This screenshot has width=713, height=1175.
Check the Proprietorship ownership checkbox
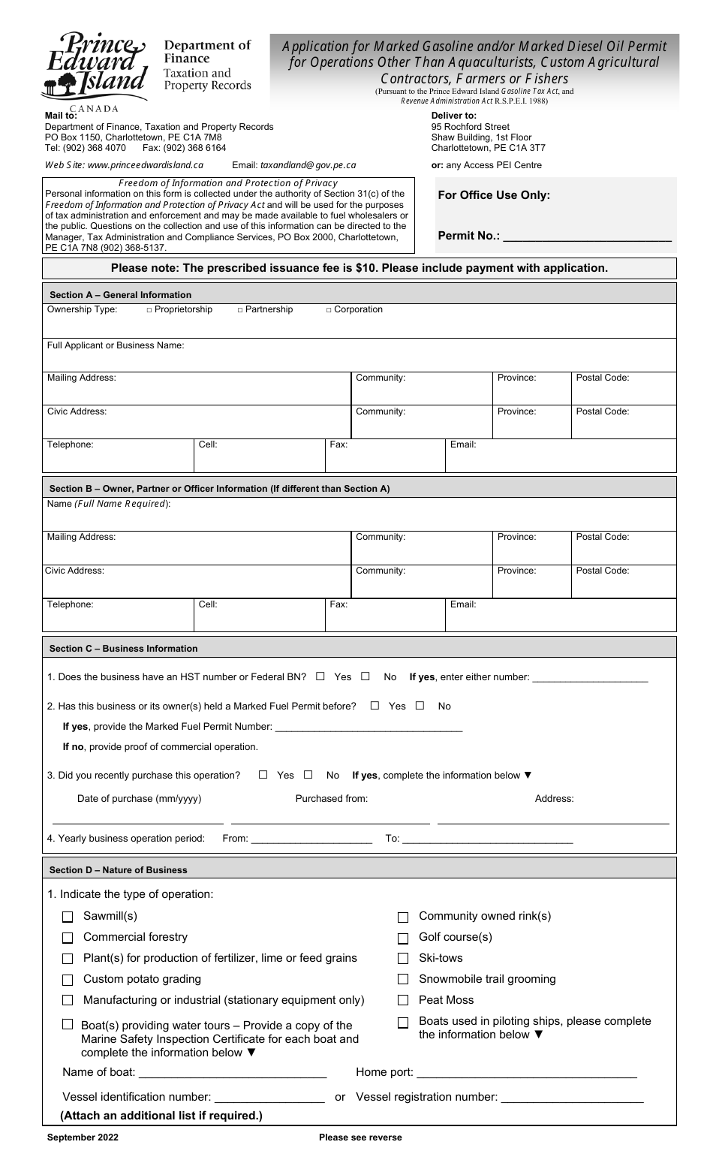point(149,310)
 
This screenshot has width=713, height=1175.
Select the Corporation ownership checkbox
point(329,310)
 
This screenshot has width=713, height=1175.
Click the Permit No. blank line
point(586,237)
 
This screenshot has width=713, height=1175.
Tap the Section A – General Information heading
point(120,295)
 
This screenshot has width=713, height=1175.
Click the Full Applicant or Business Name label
point(116,345)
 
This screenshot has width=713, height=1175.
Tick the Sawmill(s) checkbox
point(68,917)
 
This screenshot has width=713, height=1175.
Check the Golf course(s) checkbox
point(403,938)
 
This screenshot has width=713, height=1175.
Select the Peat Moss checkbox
point(403,1000)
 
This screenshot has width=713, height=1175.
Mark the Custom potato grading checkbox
point(68,980)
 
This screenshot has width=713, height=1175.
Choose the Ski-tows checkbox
point(403,959)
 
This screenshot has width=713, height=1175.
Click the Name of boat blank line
point(233,1074)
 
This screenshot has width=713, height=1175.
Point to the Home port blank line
point(526,1074)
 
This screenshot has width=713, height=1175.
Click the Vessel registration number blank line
point(572,1099)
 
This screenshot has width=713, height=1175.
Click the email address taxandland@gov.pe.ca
point(308,165)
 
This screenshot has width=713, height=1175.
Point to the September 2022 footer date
point(83,1137)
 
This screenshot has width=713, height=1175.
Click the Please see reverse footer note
point(360,1137)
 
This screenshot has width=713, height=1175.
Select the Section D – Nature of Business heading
point(119,870)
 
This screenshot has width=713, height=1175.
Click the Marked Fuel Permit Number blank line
point(369,728)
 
